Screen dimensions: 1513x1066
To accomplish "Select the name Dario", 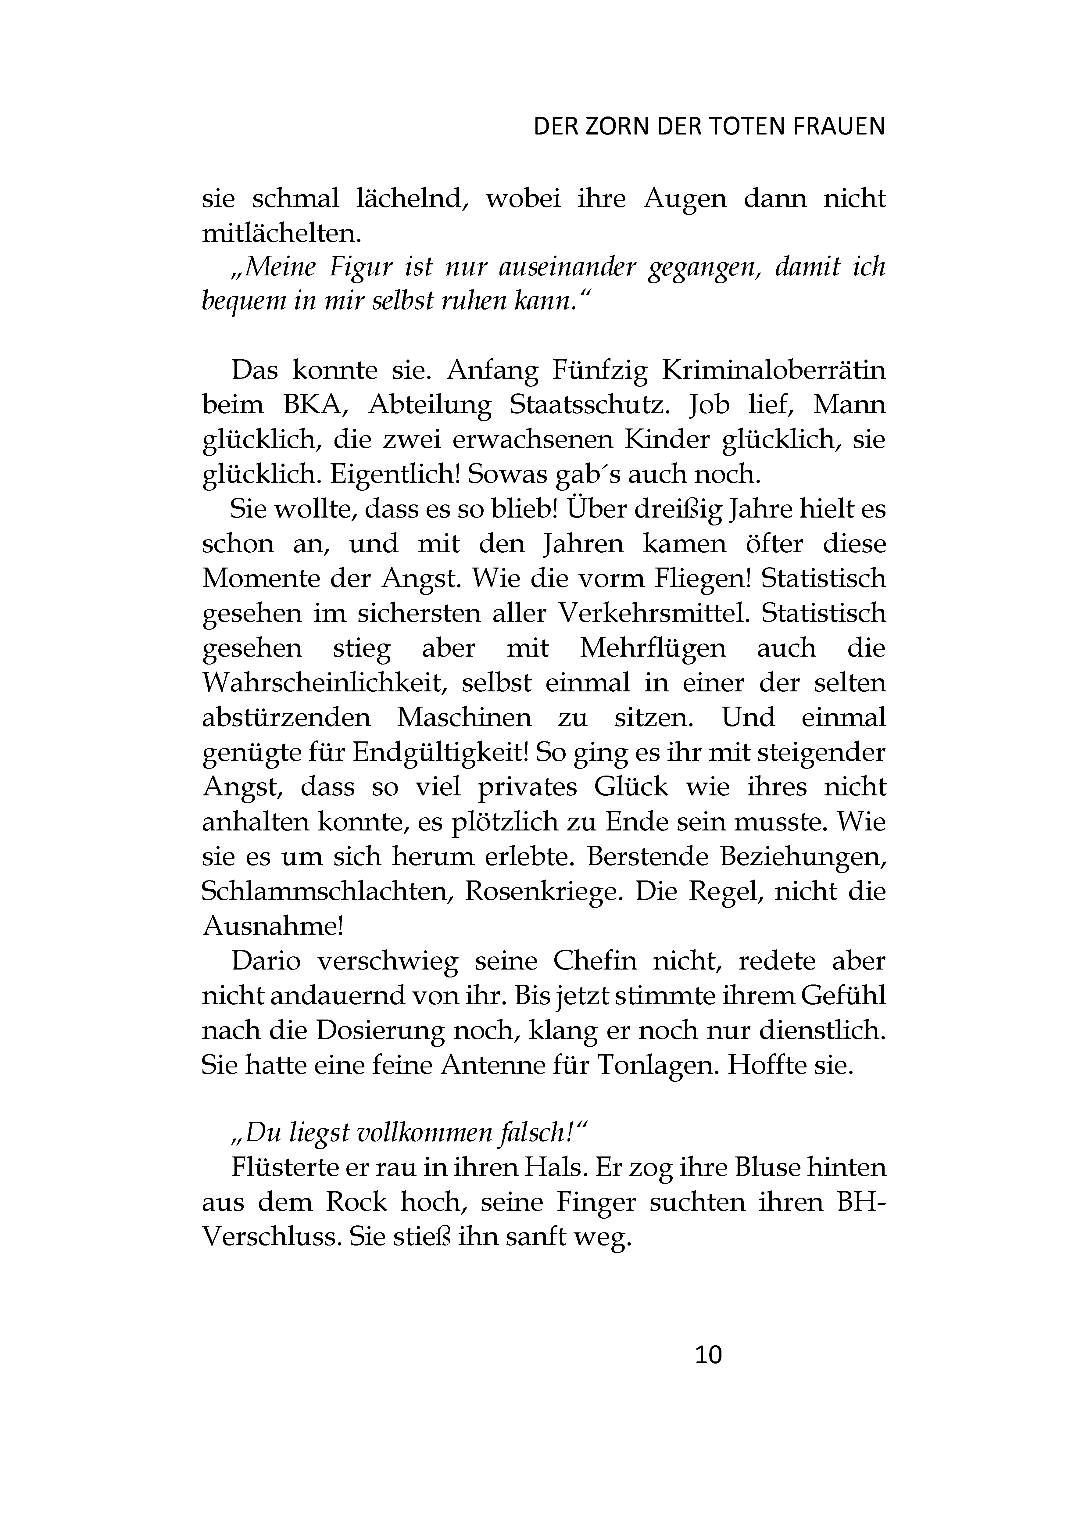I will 266,961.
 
